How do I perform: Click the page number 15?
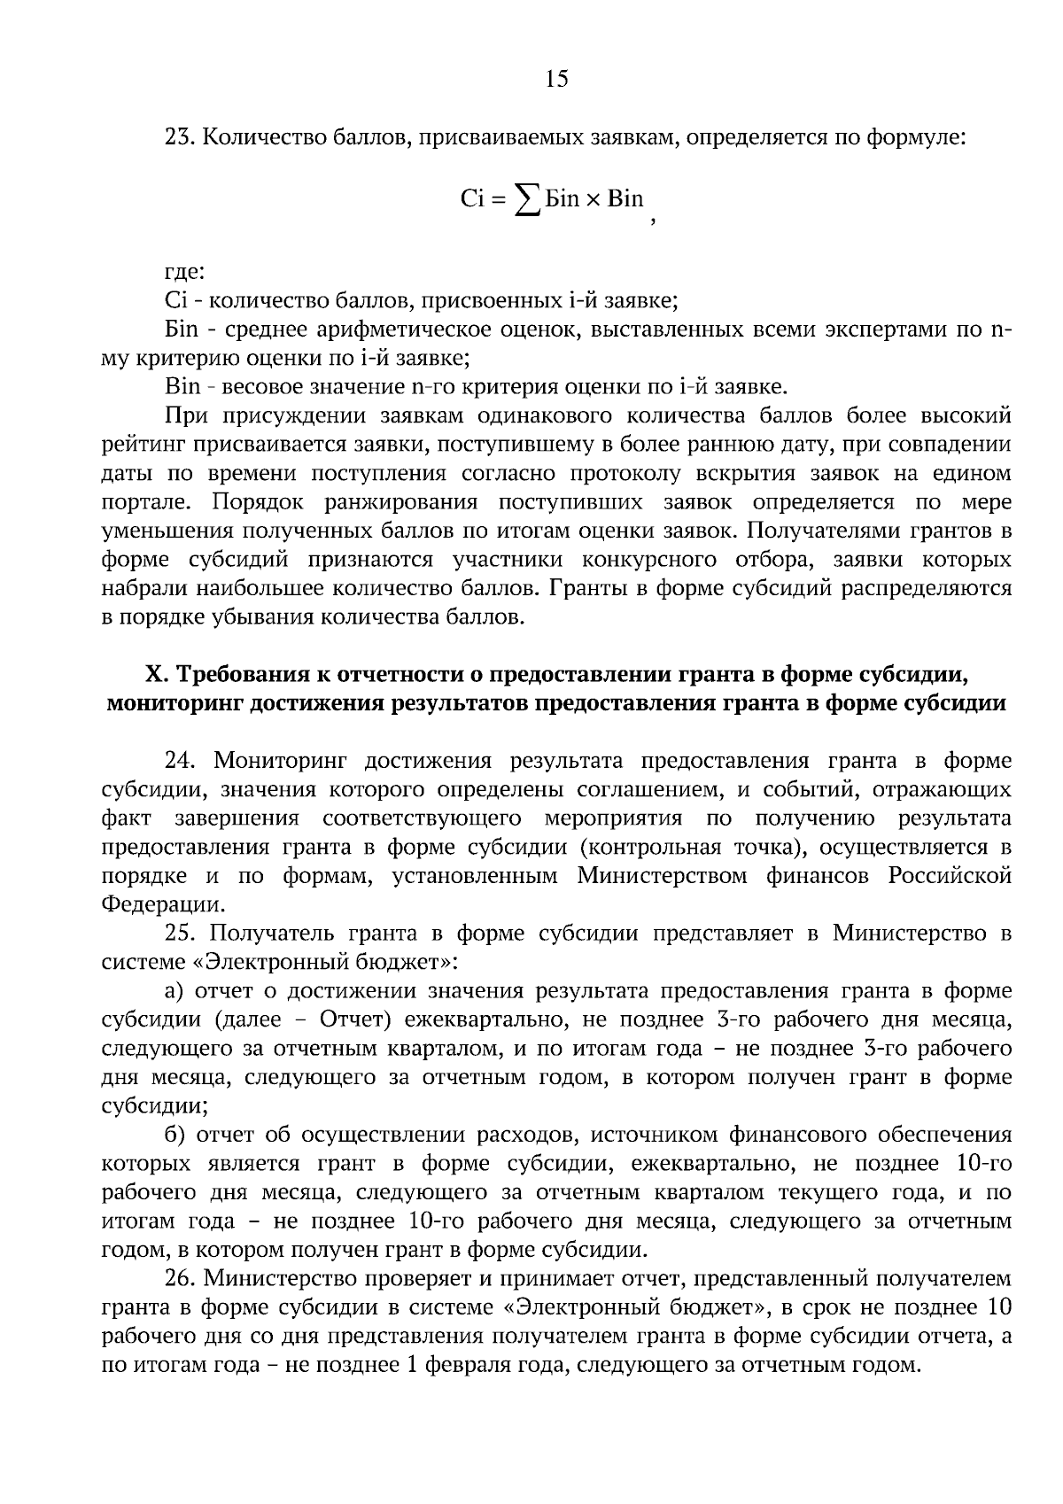[556, 79]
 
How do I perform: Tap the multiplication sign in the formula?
[593, 199]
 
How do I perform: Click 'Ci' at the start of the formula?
[471, 198]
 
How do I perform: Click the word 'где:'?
[185, 273]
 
